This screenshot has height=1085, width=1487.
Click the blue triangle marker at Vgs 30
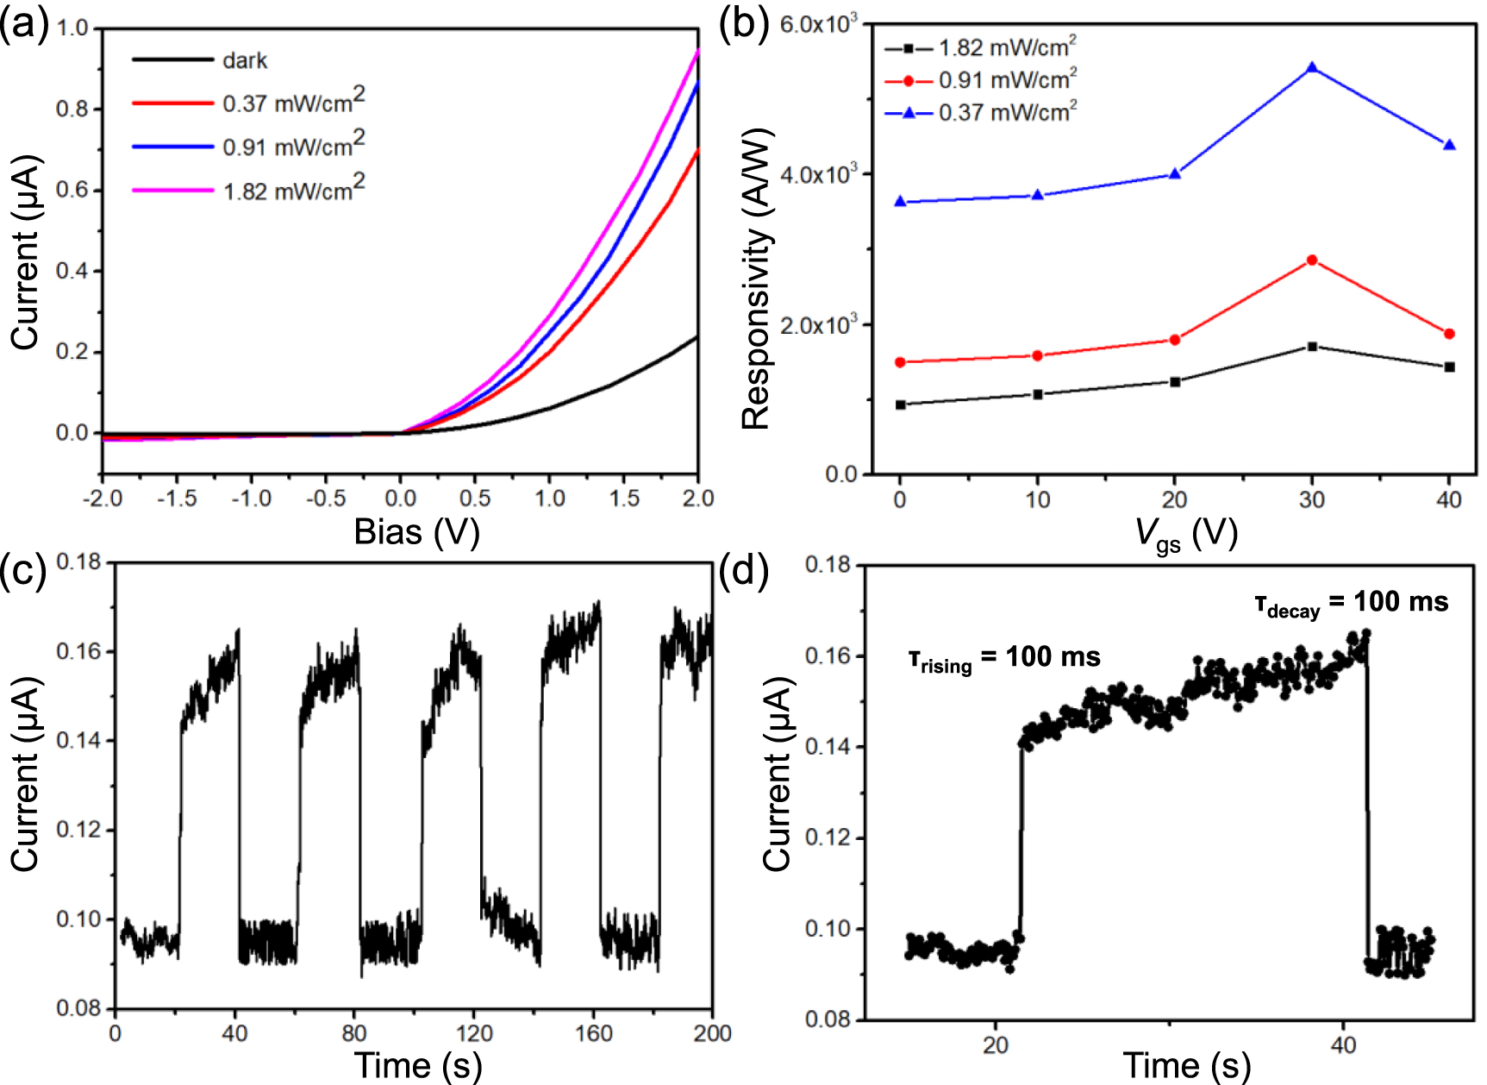(1312, 67)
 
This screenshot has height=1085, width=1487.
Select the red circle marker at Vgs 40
(1449, 334)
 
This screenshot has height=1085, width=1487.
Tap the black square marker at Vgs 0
(901, 405)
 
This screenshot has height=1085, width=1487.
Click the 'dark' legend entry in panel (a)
(244, 60)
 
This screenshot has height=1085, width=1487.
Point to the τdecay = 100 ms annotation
(1351, 603)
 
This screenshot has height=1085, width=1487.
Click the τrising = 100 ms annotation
(1004, 658)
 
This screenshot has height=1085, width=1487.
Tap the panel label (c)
(23, 570)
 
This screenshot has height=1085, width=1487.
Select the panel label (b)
(743, 24)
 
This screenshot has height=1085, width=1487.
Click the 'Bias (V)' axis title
(416, 532)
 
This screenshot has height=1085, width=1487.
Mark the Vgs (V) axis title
(1185, 534)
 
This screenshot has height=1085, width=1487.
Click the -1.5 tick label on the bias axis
(177, 499)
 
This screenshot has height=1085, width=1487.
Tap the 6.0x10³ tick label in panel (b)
(818, 23)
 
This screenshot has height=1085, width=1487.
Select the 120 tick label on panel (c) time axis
(473, 1033)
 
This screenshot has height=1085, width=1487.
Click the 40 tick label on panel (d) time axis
(1343, 1044)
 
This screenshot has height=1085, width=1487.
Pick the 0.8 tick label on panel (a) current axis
(72, 109)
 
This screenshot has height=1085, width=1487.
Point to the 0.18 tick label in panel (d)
(828, 565)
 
